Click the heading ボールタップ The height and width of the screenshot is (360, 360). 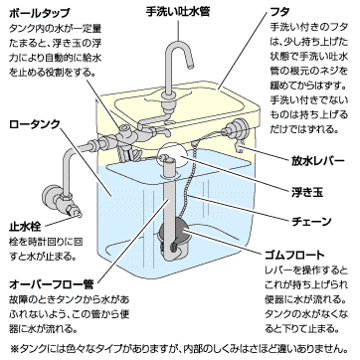coord(40,13)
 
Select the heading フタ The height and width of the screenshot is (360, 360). coord(279,13)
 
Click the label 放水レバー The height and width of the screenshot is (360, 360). coord(318,160)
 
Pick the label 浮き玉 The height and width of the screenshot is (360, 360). coord(307,191)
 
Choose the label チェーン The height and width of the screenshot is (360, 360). coord(312,221)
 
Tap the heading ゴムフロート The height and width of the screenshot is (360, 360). coord(294,255)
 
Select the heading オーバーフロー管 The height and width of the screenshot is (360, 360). coord(52,284)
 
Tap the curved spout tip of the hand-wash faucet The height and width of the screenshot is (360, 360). coord(191,66)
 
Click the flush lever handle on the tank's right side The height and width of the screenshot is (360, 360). coord(239,146)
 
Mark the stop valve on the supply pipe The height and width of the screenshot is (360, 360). coord(62,202)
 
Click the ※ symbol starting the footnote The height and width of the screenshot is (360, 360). coord(15,349)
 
